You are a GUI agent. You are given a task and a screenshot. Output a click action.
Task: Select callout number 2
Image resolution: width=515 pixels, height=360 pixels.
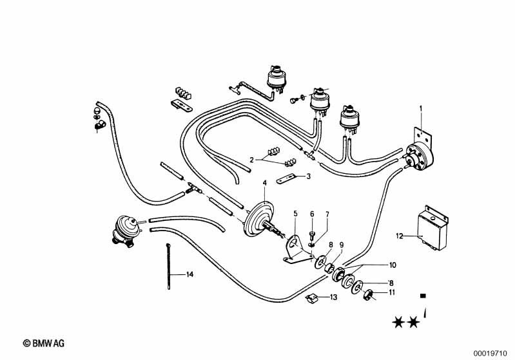(x=253, y=159)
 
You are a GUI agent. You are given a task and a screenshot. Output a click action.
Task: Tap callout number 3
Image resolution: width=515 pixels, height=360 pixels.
(x=309, y=176)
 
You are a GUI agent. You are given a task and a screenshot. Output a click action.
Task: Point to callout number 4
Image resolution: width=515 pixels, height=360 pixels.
(x=264, y=182)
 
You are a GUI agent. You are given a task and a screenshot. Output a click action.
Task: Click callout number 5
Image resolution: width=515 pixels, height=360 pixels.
(x=295, y=213)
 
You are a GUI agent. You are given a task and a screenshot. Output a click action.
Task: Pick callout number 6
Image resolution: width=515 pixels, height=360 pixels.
(x=312, y=213)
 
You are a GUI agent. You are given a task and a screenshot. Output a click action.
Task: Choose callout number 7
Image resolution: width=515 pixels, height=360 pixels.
(x=327, y=213)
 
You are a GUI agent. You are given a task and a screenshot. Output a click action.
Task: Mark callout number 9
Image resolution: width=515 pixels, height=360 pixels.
(x=342, y=245)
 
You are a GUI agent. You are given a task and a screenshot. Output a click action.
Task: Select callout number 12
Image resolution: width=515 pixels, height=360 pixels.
(x=399, y=236)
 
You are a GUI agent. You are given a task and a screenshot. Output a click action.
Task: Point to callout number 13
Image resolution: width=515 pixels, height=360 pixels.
(x=333, y=297)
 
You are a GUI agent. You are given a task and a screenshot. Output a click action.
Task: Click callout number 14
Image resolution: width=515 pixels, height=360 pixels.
(x=190, y=274)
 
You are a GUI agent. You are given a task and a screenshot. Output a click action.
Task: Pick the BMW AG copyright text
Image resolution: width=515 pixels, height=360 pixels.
(x=44, y=345)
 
